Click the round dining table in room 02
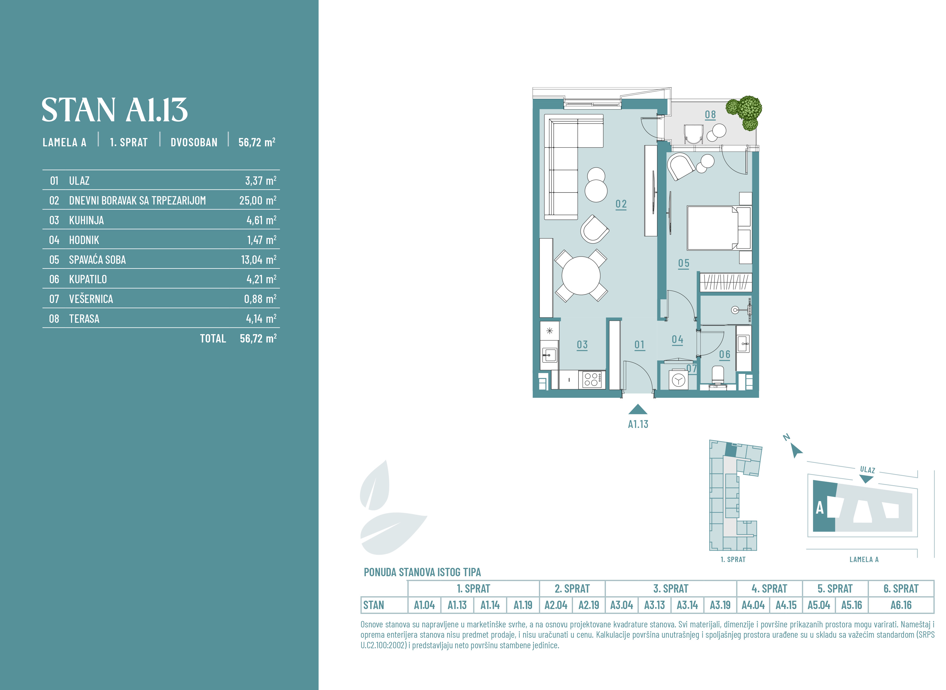point(581,276)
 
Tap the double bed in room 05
point(719,228)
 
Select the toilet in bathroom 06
point(717,376)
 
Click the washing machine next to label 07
point(678,380)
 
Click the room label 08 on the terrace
point(710,114)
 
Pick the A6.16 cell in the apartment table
point(901,605)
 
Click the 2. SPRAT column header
point(572,588)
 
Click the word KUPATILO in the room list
point(88,279)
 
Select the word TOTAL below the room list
point(213,338)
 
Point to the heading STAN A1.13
point(114,110)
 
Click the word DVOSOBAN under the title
point(194,142)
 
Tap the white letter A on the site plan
point(820,508)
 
